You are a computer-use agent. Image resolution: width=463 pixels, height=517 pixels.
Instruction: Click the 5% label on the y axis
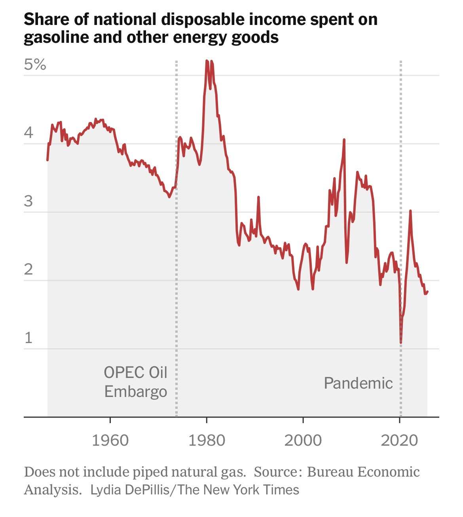35,64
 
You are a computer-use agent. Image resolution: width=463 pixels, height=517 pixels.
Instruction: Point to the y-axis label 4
28,133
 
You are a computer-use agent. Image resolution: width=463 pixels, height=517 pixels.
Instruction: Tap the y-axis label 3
28,201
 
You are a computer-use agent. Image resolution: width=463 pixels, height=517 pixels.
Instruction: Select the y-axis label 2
28,269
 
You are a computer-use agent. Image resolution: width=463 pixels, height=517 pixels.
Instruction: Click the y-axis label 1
28,338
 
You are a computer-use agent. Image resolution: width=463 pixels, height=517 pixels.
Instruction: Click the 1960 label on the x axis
110,441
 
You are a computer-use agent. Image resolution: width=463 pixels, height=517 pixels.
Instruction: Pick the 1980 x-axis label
207,441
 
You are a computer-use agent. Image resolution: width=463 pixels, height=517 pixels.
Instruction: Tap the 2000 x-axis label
303,441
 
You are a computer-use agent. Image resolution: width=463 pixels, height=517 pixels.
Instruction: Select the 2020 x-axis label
400,441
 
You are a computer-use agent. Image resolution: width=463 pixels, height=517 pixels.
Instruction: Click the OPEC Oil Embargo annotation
136,382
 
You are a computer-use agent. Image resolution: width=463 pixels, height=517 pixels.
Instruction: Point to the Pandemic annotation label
358,383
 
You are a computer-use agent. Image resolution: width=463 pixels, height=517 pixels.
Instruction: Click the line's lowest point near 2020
401,343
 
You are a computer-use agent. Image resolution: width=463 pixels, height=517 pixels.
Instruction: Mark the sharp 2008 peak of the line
344,139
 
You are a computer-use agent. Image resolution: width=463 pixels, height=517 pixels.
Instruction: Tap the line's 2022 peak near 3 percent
410,211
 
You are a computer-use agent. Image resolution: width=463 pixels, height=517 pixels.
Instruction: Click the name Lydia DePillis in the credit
130,490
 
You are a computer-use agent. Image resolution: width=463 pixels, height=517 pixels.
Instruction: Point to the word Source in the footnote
276,472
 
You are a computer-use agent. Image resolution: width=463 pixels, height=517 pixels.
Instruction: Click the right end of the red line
427,292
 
